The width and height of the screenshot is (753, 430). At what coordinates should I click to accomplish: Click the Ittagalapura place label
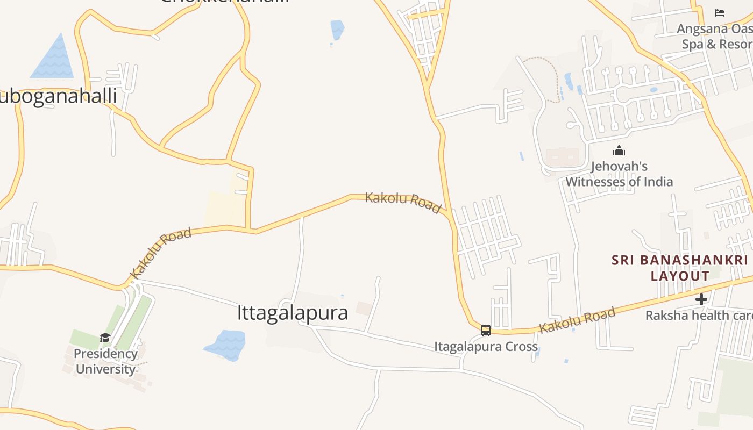[x=292, y=313]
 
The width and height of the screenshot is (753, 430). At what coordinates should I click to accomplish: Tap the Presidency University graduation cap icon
[x=105, y=338]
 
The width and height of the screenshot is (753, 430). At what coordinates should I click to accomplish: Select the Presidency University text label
[x=105, y=361]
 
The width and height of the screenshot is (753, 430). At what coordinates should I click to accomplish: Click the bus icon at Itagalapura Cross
[x=485, y=330]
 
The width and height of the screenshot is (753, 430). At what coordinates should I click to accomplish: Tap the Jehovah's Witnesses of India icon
[x=619, y=150]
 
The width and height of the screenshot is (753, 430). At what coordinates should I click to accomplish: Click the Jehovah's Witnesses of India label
[x=619, y=174]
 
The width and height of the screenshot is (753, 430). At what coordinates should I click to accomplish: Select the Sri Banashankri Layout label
[x=680, y=268]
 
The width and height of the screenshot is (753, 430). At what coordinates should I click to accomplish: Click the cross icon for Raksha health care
[x=701, y=299]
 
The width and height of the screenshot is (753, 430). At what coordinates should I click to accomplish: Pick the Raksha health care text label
[x=698, y=316]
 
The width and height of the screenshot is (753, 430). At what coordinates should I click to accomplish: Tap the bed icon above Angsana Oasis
[x=719, y=13]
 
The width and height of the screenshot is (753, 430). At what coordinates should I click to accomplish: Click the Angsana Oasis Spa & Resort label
[x=714, y=37]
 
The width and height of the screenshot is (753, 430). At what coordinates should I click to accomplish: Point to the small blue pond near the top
[x=337, y=29]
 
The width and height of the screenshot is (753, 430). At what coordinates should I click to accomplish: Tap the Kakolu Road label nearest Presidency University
[x=160, y=253]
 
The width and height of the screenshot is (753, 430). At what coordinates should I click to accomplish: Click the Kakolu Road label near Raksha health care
[x=577, y=320]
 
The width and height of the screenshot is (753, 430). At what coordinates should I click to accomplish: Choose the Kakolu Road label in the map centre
[x=403, y=202]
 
